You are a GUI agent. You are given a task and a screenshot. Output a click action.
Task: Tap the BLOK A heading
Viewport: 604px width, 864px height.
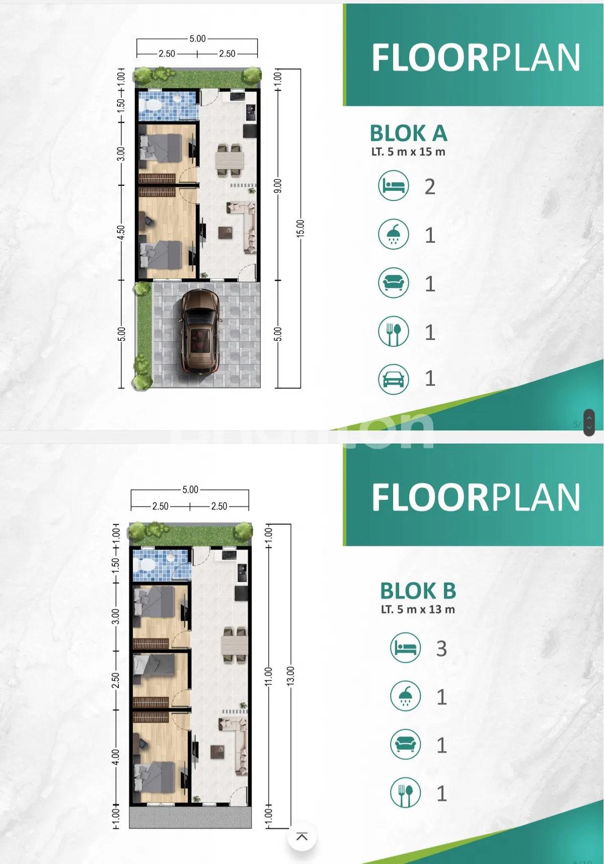click(409, 133)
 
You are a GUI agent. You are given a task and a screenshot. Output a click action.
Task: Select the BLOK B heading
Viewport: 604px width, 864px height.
click(418, 591)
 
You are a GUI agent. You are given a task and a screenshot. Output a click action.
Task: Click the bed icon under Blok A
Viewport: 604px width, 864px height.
click(394, 186)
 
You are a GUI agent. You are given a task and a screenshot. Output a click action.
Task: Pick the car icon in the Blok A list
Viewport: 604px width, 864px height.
click(394, 379)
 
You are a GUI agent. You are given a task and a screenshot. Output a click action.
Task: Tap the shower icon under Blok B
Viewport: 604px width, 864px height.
click(406, 696)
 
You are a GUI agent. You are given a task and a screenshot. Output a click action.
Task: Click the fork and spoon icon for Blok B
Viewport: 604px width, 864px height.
click(406, 793)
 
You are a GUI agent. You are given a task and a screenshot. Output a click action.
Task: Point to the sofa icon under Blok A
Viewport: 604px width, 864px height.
click(394, 282)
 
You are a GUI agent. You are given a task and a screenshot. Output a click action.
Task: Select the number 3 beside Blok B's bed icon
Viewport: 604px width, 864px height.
click(441, 649)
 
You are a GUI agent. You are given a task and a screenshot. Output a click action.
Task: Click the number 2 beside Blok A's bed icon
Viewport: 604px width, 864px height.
click(430, 187)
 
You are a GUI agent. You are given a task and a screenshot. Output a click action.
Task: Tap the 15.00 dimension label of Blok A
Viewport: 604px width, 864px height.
click(300, 229)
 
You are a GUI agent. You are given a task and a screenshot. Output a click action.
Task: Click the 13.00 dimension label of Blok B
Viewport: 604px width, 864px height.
click(290, 676)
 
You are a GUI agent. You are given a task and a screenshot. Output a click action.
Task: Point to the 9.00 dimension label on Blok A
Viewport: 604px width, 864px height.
click(278, 186)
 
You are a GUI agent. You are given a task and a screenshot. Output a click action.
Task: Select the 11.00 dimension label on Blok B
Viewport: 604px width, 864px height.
click(268, 677)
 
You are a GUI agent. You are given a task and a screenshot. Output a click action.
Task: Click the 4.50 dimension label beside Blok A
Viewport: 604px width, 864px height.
click(121, 233)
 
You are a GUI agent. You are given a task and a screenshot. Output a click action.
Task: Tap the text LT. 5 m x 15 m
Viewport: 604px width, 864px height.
click(408, 152)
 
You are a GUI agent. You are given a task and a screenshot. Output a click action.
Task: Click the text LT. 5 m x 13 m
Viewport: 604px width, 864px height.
click(418, 609)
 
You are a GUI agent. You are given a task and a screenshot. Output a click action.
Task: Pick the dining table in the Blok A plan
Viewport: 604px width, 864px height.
click(230, 161)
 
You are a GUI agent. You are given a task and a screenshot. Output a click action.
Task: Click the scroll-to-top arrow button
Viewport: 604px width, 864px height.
click(301, 836)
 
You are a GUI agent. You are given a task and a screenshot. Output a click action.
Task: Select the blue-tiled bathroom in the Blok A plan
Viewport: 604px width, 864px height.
click(168, 105)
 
